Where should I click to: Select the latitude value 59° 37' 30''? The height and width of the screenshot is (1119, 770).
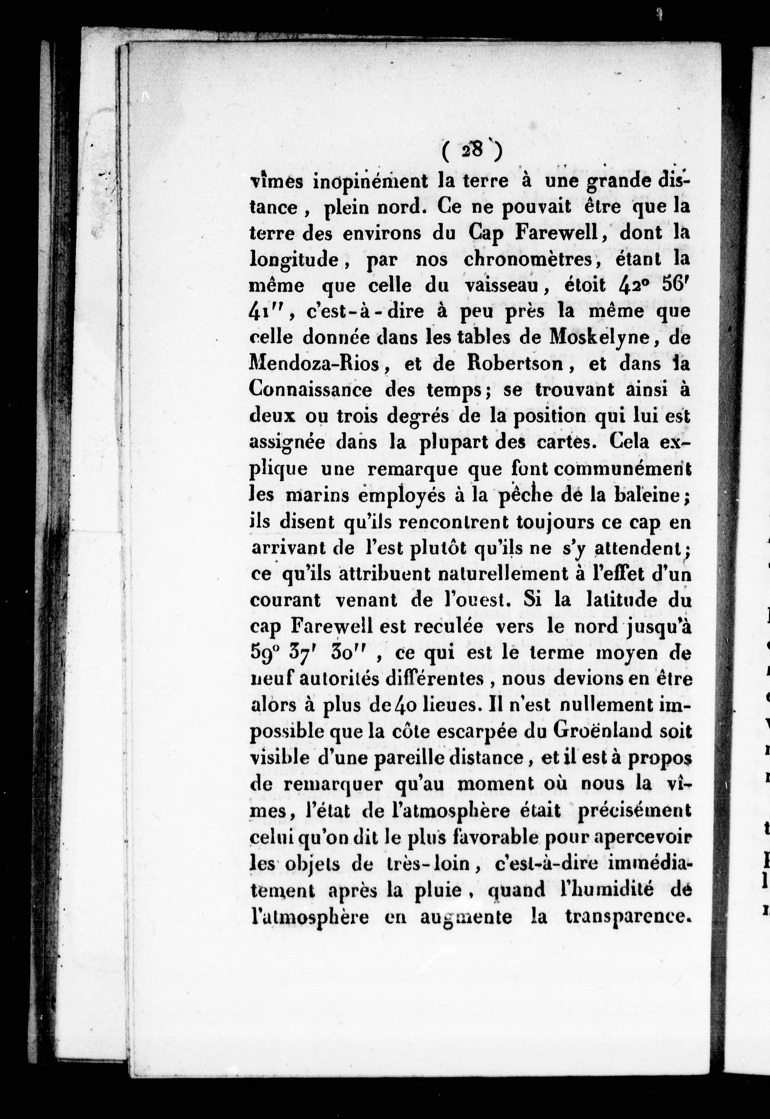(x=314, y=652)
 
